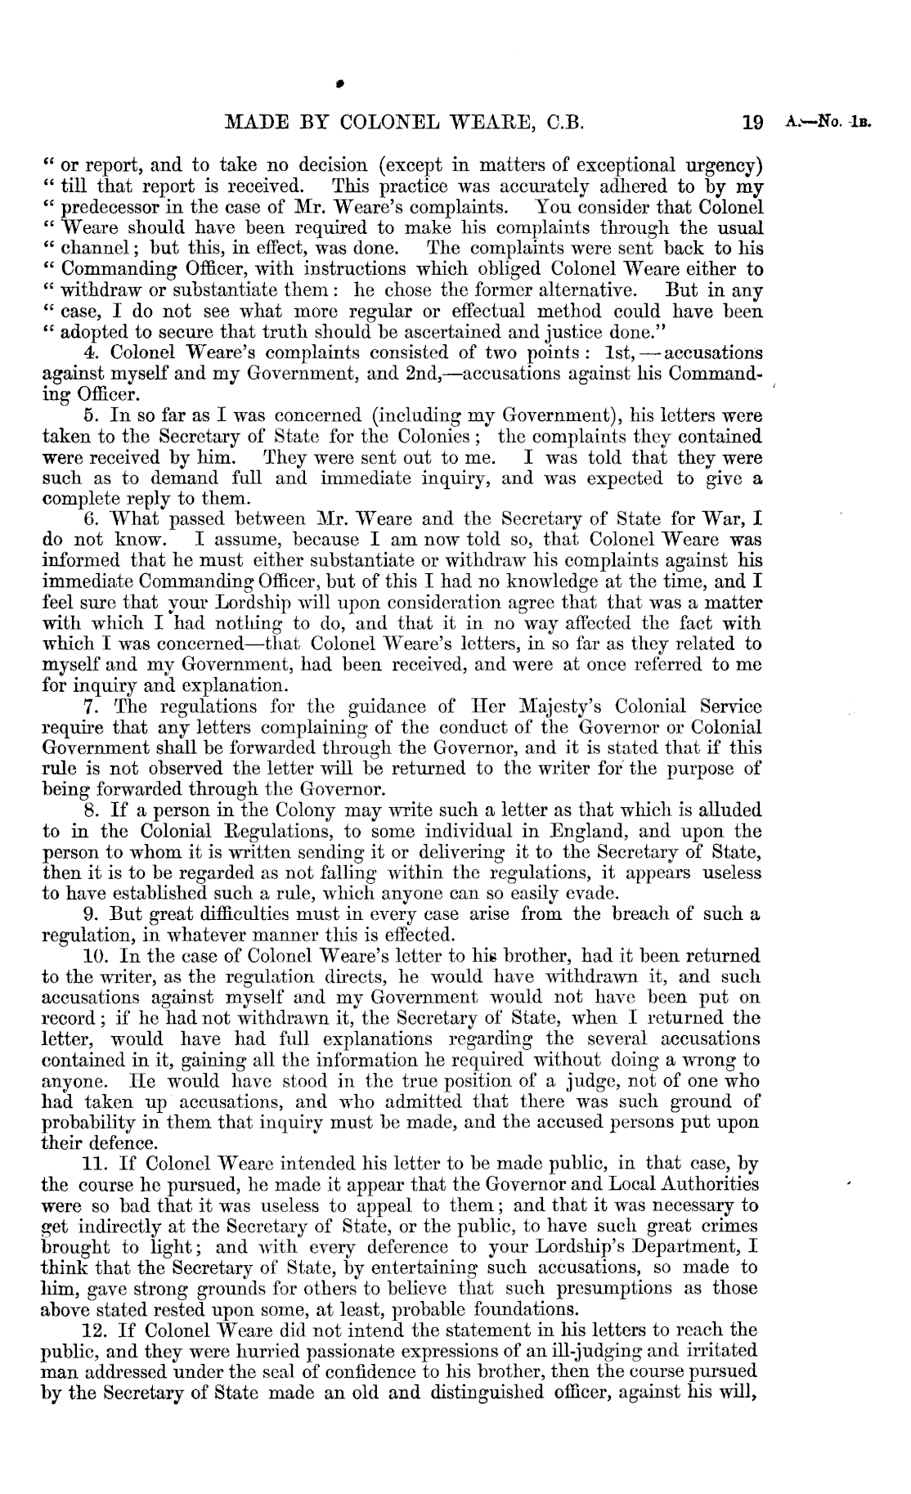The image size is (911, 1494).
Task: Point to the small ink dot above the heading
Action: (x=338, y=82)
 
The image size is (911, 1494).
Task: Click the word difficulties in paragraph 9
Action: (x=202, y=914)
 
